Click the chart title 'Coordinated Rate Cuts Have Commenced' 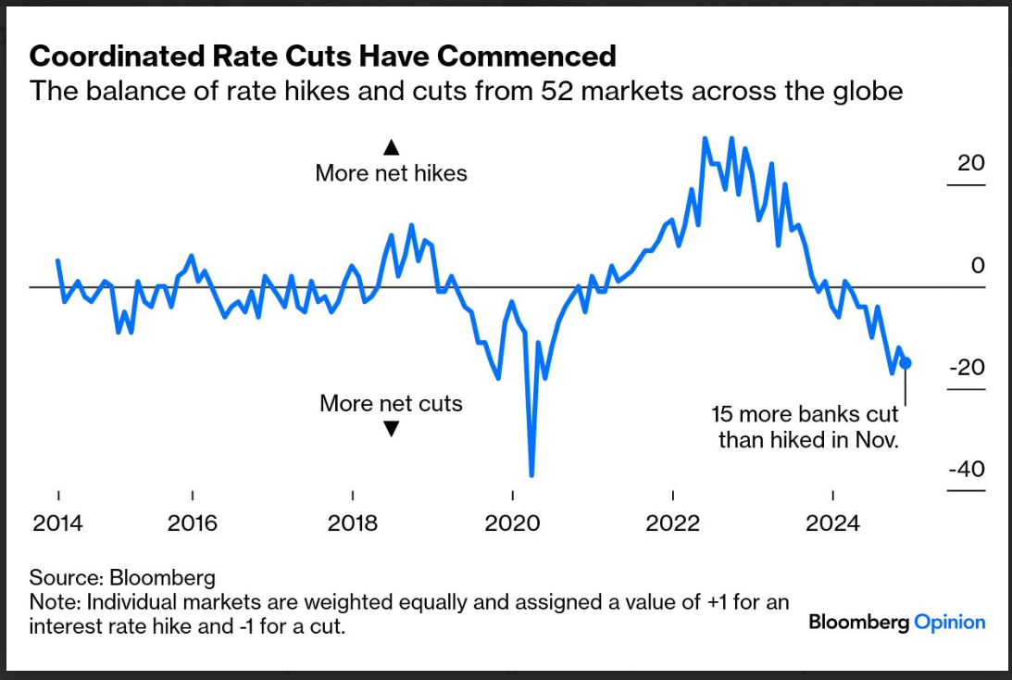pos(322,56)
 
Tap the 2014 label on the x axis pos(58,523)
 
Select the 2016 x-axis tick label pos(193,523)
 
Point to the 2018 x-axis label pos(353,523)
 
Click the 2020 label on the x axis pos(513,523)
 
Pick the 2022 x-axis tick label pos(673,523)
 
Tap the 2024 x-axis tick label pos(833,523)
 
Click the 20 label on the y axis pos(971,163)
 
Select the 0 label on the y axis pos(978,266)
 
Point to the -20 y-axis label pos(967,368)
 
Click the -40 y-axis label pos(967,470)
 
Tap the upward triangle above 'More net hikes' pos(391,146)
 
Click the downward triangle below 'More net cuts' pos(391,429)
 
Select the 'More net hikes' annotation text pos(391,173)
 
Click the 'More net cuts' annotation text pos(391,404)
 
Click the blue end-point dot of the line pos(906,362)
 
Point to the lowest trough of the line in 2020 pos(531,473)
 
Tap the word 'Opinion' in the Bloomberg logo pos(949,622)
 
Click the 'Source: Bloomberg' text pos(122,578)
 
